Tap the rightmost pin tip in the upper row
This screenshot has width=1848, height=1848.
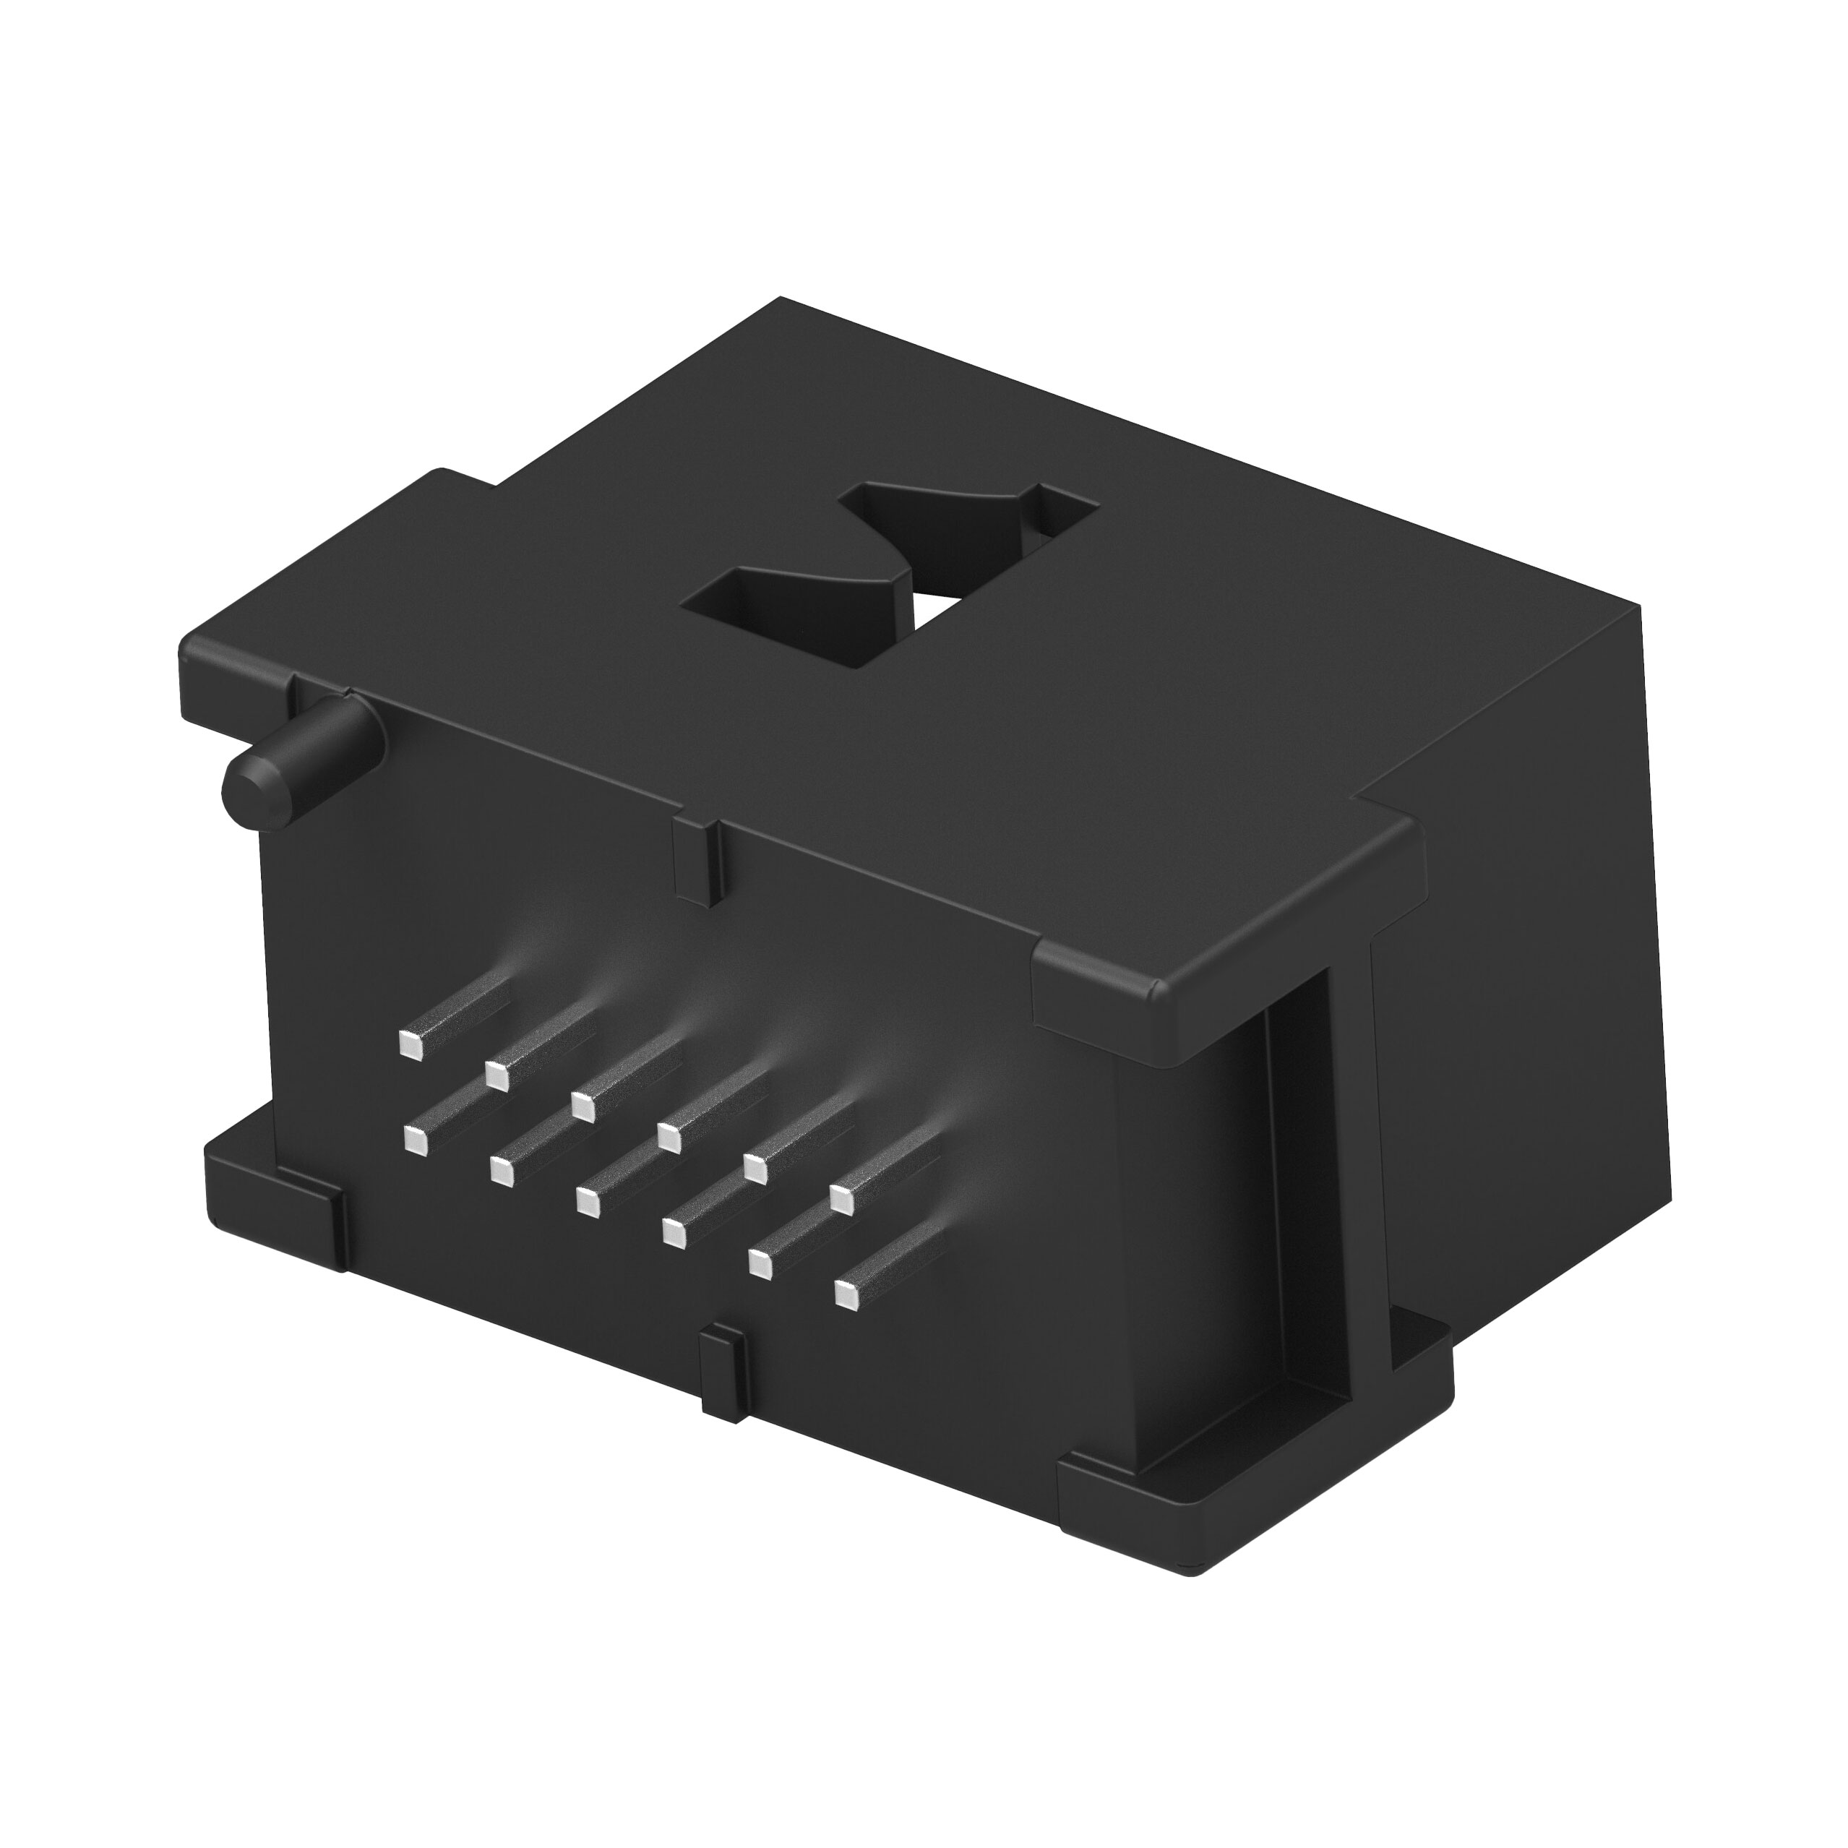pos(842,1198)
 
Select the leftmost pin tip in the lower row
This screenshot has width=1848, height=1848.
pos(414,1140)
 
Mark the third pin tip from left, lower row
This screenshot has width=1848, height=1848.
pos(585,1200)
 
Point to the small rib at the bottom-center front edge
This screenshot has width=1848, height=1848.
pos(724,1374)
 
